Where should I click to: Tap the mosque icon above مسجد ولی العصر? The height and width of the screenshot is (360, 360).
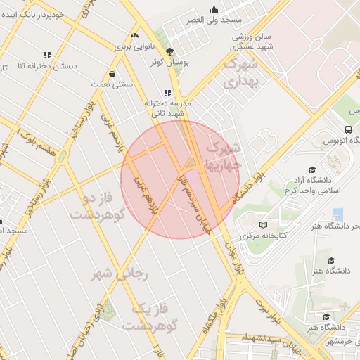tap(214, 9)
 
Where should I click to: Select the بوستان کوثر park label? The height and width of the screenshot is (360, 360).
tap(167, 62)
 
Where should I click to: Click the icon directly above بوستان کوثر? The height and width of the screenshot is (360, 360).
tap(169, 51)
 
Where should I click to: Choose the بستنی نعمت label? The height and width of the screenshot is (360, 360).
tap(112, 84)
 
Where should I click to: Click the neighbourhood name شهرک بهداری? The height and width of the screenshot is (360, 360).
tap(241, 73)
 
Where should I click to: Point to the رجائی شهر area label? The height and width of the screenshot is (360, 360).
tap(121, 275)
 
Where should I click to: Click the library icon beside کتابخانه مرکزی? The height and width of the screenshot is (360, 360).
tap(264, 224)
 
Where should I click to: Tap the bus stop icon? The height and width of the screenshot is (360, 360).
tap(348, 129)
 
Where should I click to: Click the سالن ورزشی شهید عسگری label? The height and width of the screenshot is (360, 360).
tap(253, 40)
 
